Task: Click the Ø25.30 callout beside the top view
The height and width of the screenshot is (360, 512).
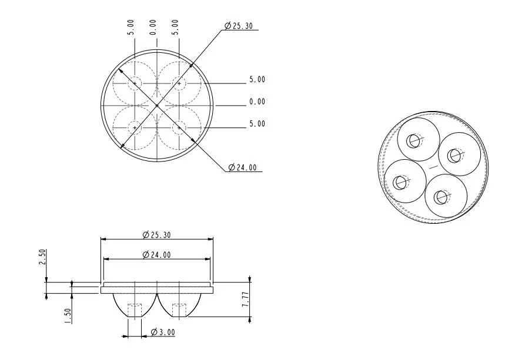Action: [x=239, y=26]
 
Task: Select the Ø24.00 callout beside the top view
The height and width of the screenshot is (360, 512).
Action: [x=242, y=167]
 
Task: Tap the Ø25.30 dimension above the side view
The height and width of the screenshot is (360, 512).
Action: [x=157, y=235]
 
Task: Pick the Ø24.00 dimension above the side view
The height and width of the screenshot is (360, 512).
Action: [x=157, y=255]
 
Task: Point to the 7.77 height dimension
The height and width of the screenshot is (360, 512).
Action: [x=245, y=299]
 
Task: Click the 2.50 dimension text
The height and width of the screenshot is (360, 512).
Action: [x=43, y=257]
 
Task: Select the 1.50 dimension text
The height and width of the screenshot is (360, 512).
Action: [x=68, y=316]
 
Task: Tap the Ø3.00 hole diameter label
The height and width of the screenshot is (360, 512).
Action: [x=163, y=332]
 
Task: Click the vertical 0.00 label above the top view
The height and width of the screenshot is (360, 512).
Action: [x=152, y=28]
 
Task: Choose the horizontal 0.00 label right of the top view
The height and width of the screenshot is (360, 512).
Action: [x=257, y=102]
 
